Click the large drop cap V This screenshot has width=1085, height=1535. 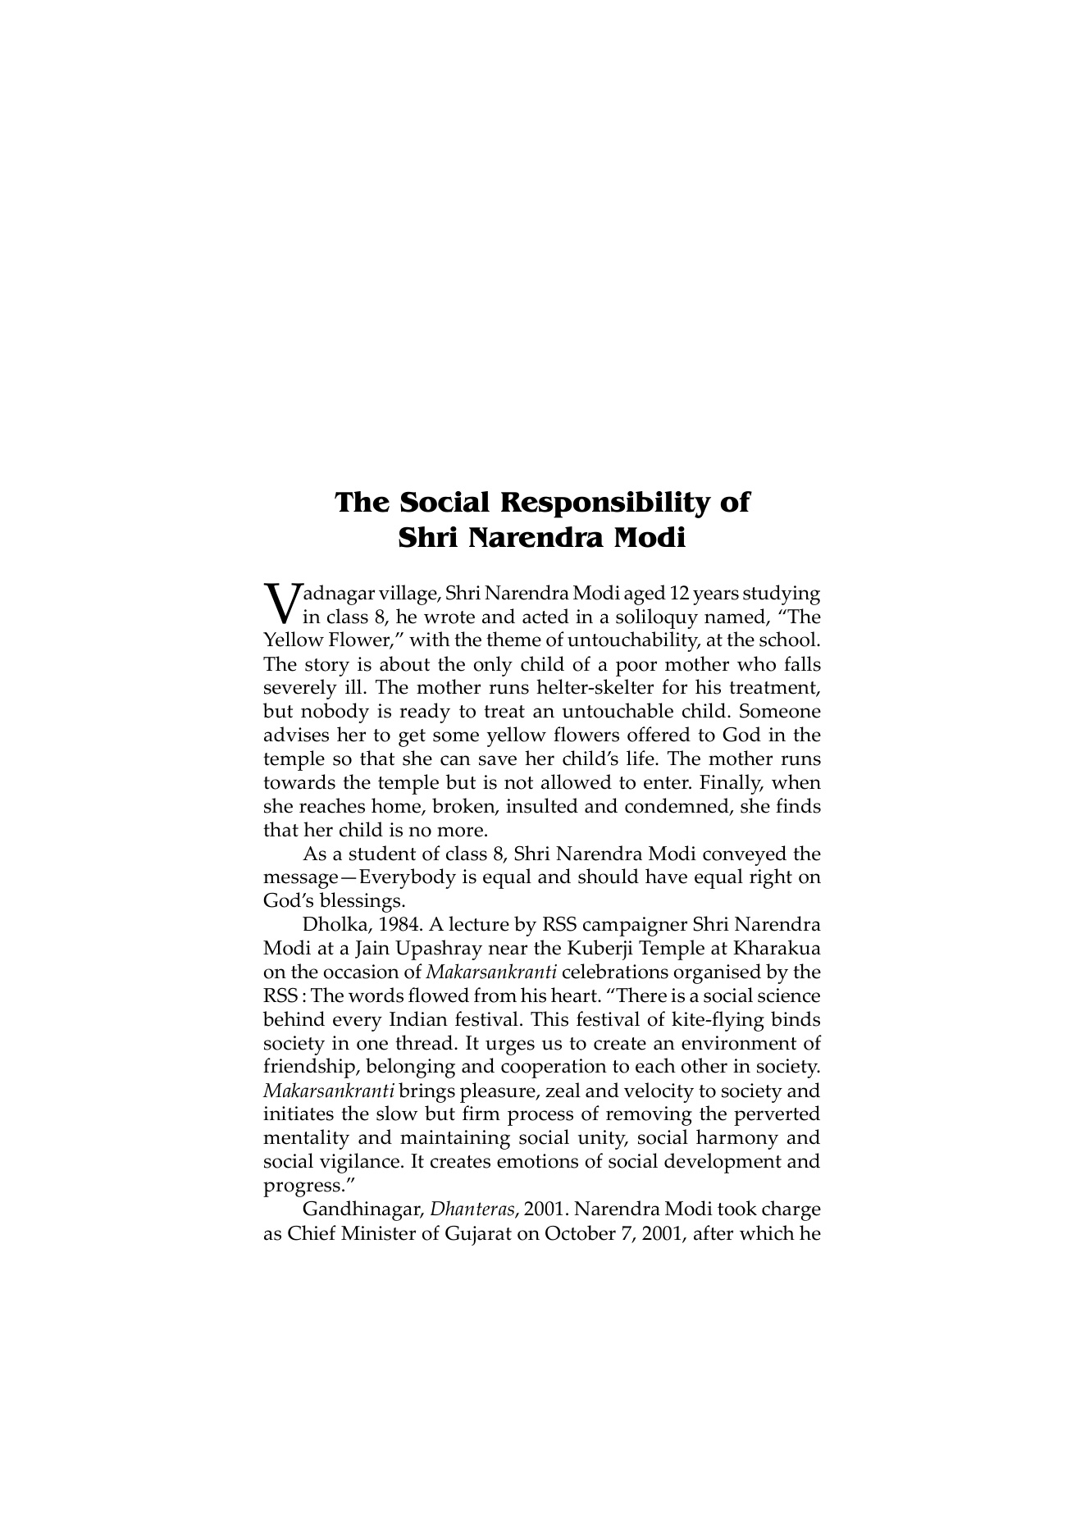281,602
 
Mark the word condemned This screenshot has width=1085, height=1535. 677,806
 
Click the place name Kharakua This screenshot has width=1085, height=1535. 777,949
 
